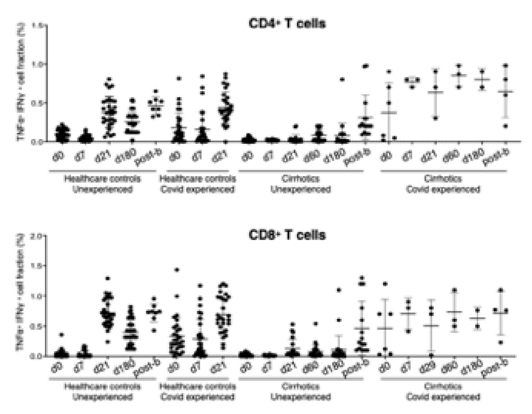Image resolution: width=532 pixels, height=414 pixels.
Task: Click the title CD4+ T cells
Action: click(x=287, y=24)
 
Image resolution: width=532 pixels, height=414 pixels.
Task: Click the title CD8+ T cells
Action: click(x=287, y=235)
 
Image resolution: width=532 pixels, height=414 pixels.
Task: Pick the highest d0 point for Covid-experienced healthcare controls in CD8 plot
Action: click(x=177, y=270)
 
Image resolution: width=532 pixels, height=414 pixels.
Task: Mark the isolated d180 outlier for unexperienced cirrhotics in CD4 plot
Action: click(x=342, y=79)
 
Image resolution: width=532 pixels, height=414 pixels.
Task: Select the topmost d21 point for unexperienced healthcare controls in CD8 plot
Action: click(x=108, y=278)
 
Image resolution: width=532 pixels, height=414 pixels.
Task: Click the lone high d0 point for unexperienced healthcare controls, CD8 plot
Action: click(x=61, y=335)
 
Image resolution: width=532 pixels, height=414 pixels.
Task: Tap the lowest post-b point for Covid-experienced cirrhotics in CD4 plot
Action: click(x=505, y=126)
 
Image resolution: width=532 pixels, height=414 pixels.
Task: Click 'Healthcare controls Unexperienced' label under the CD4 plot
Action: click(x=103, y=184)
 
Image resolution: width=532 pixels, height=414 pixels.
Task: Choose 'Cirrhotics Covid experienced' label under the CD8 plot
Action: click(x=443, y=391)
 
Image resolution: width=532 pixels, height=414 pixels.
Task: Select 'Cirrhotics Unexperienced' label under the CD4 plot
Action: click(x=301, y=184)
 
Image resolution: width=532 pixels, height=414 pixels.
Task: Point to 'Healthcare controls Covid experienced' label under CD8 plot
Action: click(x=198, y=391)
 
